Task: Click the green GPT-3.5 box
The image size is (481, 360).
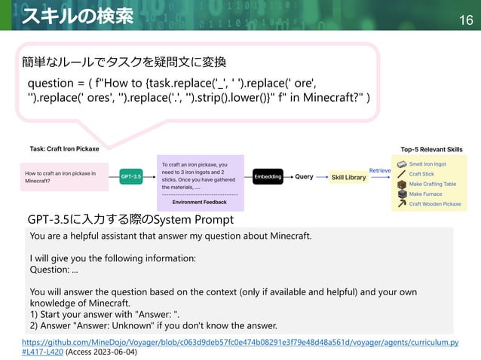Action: coord(130,177)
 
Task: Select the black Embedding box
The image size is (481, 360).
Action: coord(268,177)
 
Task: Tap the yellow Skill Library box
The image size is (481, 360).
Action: coord(349,177)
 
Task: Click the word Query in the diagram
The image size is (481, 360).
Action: coord(304,177)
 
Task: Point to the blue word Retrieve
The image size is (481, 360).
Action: coord(380,171)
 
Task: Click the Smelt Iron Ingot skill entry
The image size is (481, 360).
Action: coord(427,163)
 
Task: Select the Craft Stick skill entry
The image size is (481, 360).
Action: coord(421,174)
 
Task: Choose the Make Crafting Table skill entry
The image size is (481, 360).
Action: coord(432,184)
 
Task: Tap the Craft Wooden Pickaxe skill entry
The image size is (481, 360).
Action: coord(434,203)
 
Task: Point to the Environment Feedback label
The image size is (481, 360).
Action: coord(199,203)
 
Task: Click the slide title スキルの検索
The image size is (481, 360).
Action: coord(78,16)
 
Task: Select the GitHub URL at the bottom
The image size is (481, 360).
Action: coord(241,343)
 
